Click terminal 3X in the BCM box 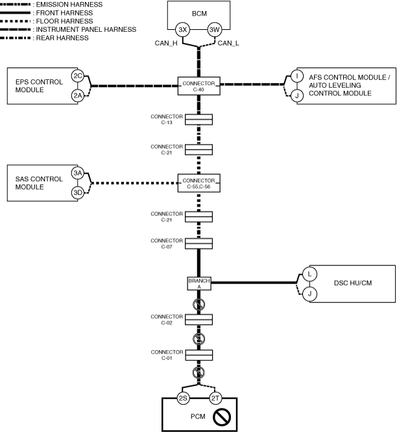[x=184, y=30]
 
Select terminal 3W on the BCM [x=214, y=30]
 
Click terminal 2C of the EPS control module [x=78, y=77]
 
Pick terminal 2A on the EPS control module [x=78, y=96]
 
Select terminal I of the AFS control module [x=296, y=77]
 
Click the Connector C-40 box [x=198, y=86]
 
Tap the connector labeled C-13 [x=198, y=119]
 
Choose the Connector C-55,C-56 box [x=198, y=183]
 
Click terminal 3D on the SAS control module [x=78, y=193]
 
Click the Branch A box [x=198, y=283]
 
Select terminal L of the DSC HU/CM [x=309, y=274]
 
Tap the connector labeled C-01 [x=198, y=355]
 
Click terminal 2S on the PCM [x=184, y=399]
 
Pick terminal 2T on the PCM [x=214, y=399]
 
